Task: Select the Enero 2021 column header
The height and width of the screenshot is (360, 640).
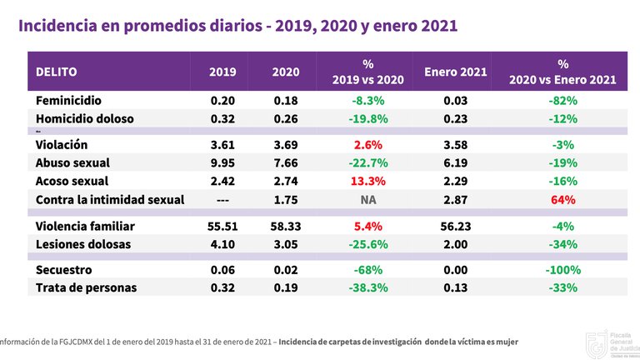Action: [456, 72]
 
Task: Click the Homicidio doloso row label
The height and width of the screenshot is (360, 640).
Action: [84, 118]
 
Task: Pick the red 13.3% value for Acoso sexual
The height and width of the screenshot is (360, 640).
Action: [368, 181]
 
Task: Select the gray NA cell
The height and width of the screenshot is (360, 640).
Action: [368, 199]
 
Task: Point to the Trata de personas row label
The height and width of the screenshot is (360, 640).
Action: [86, 288]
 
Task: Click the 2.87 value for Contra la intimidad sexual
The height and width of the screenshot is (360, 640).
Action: [455, 199]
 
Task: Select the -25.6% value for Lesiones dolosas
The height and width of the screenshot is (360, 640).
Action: [368, 244]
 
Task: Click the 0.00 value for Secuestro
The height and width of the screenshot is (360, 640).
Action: [455, 270]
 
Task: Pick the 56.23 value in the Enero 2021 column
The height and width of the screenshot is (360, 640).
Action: [455, 226]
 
